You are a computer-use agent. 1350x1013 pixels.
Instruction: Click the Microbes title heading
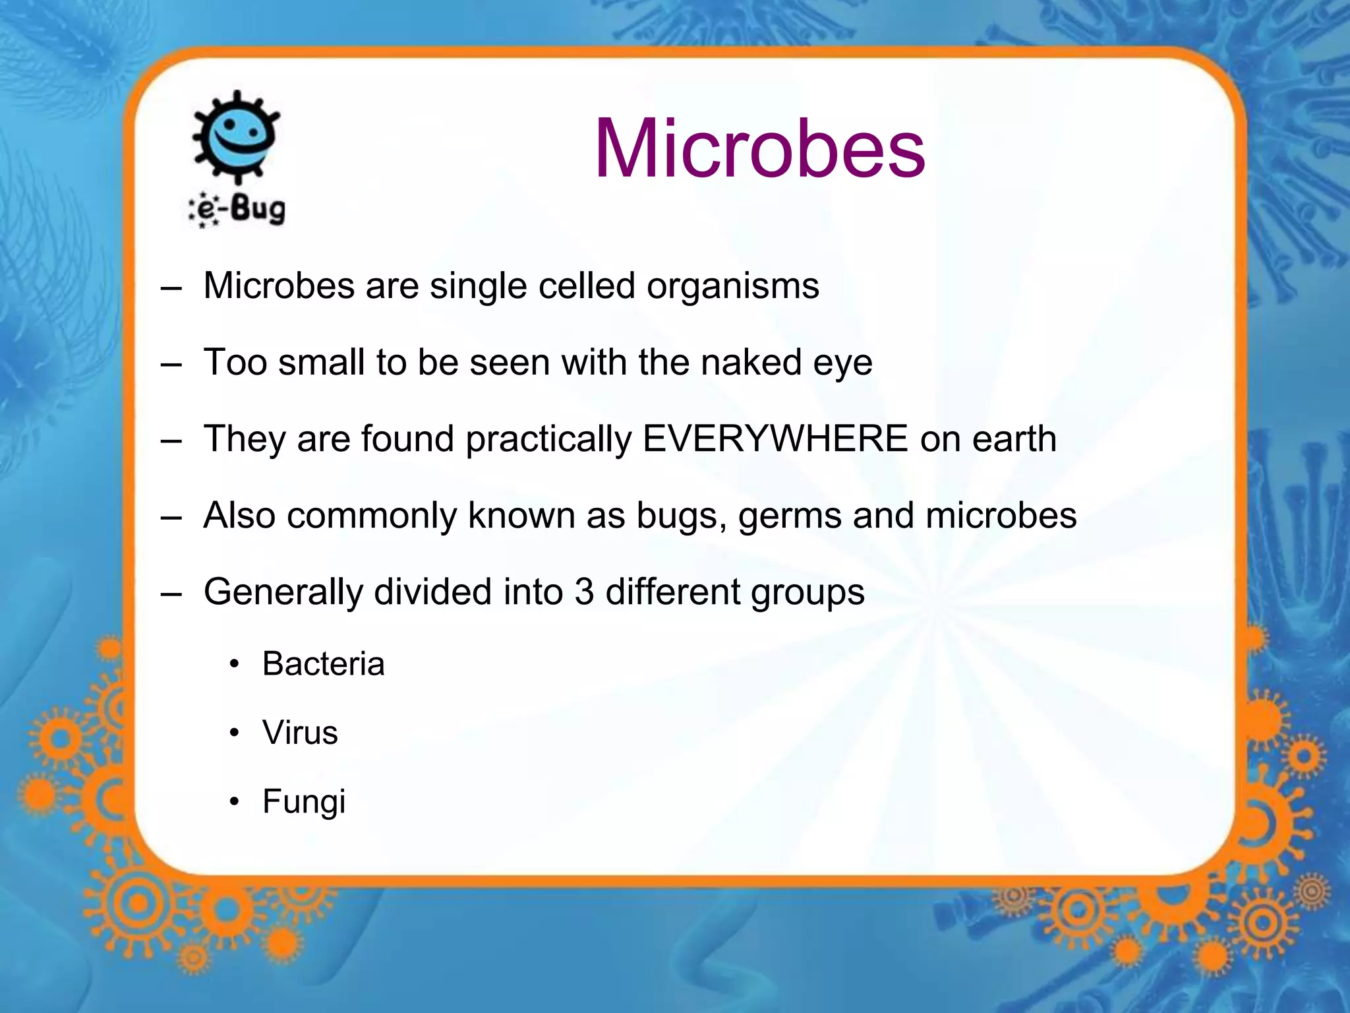click(759, 149)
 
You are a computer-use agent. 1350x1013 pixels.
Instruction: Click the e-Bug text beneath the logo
click(239, 210)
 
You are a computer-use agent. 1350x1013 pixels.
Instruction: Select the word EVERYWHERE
click(775, 439)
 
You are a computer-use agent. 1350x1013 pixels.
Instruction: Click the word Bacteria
click(323, 663)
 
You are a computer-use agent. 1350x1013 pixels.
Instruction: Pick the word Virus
click(300, 733)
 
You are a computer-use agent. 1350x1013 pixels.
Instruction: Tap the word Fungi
click(304, 802)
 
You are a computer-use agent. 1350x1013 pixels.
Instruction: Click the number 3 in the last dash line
click(584, 592)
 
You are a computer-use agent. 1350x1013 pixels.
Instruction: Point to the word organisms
click(732, 286)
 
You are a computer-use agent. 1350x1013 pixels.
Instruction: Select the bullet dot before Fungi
click(235, 803)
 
